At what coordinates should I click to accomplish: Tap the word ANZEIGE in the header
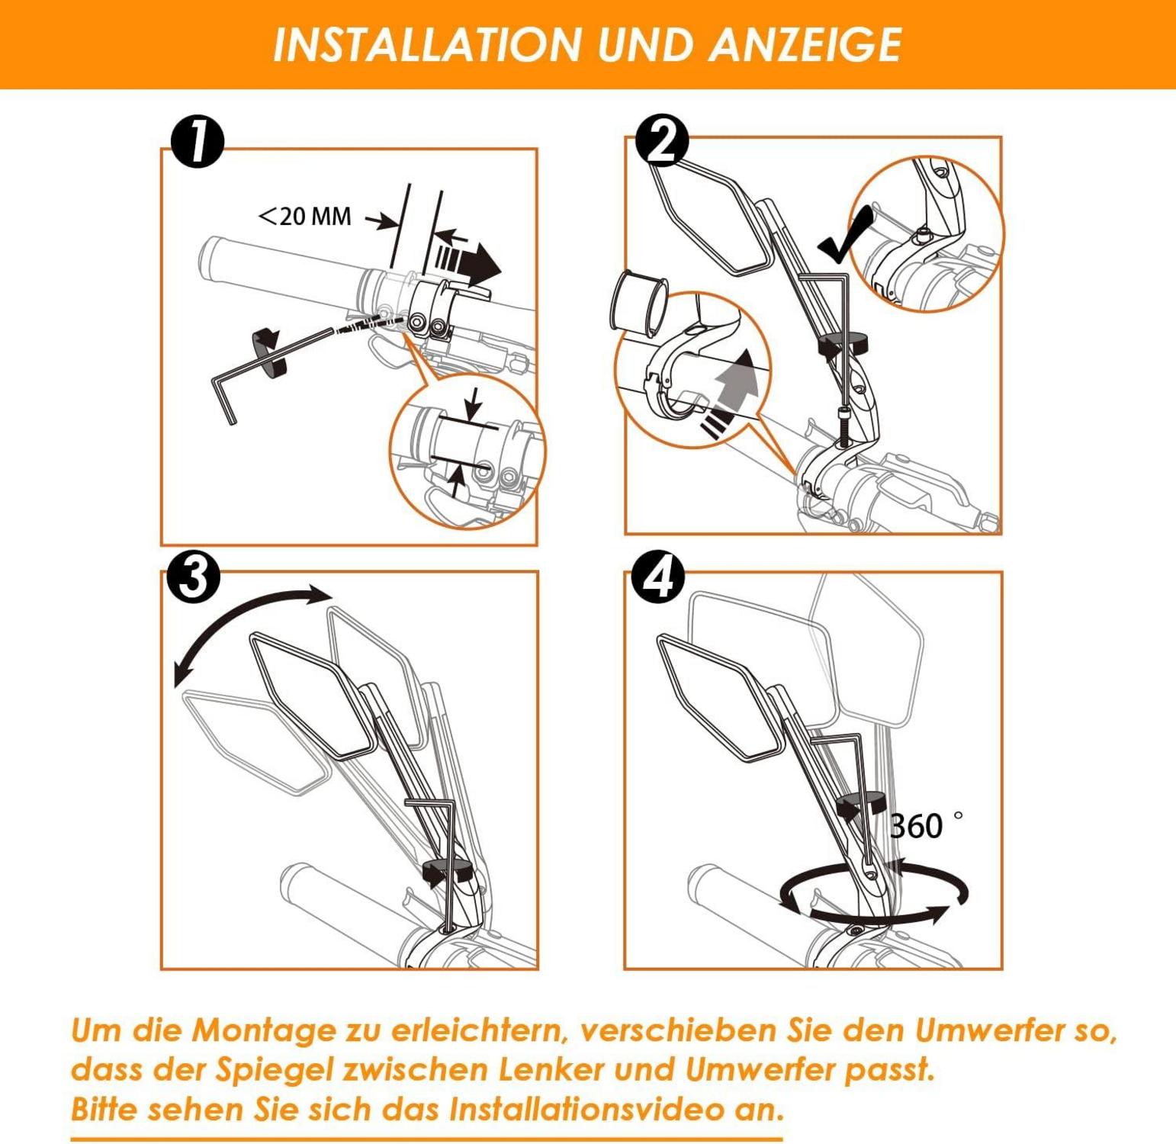tap(805, 45)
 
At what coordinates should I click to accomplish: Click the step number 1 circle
tap(198, 142)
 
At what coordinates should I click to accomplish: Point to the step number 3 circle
tap(194, 577)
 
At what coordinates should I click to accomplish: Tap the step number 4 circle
tap(659, 577)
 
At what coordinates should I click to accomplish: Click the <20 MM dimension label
tap(305, 217)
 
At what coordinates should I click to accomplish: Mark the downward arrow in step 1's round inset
tap(474, 403)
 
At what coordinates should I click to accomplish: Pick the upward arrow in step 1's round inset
tap(456, 482)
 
